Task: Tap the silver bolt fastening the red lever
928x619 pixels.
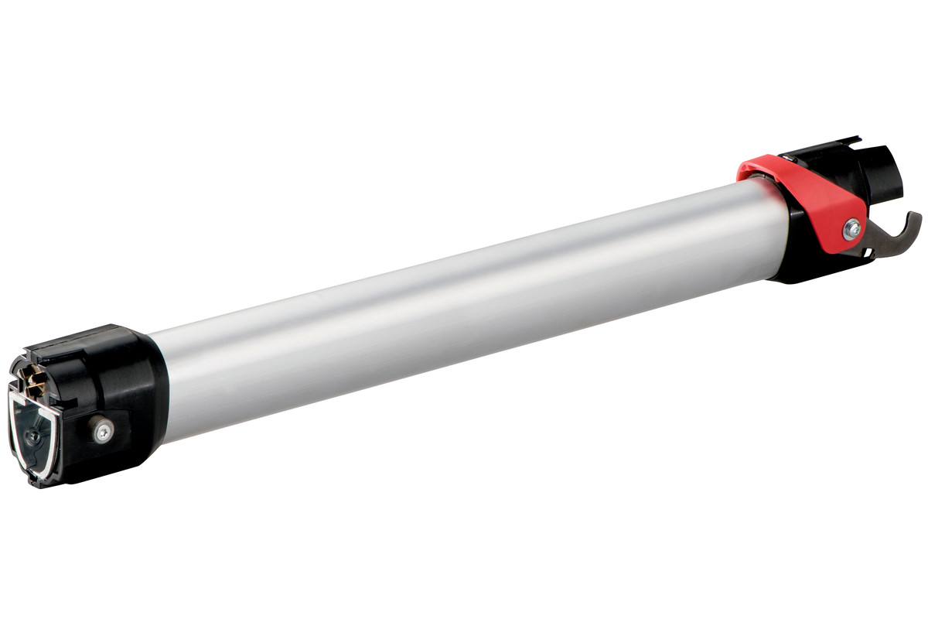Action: [852, 228]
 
